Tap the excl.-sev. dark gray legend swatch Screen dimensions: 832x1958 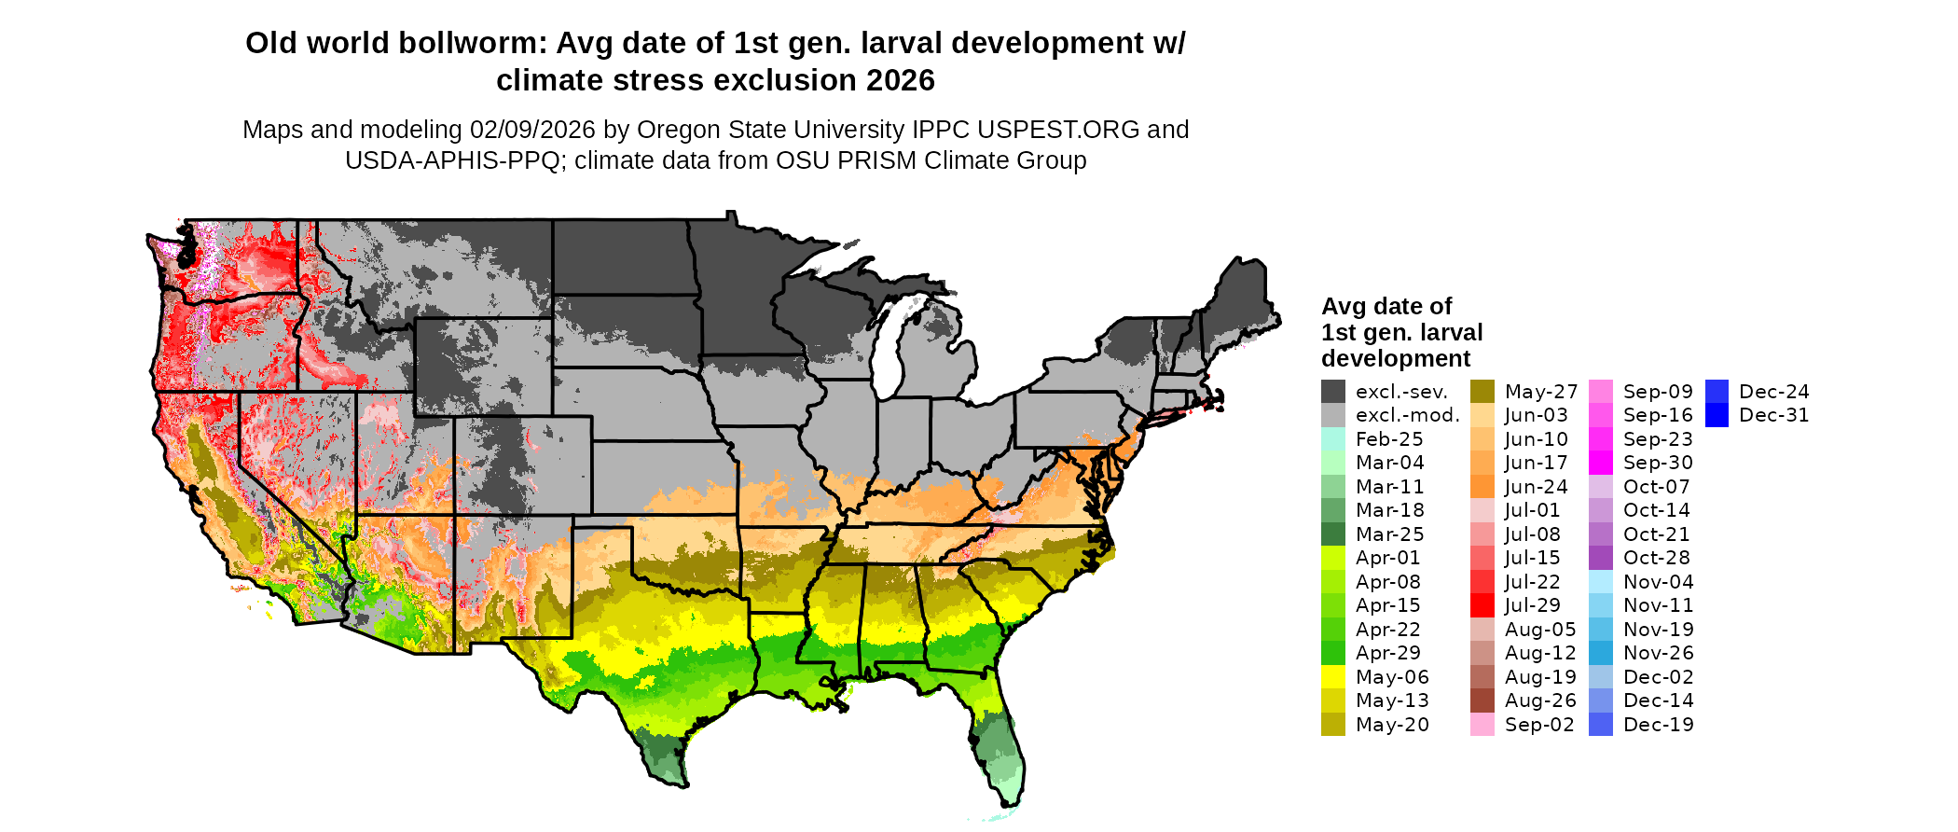coord(1333,392)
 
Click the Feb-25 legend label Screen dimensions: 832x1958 coord(1389,439)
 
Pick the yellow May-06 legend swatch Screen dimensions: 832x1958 coord(1333,677)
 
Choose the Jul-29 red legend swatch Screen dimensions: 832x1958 coord(1482,605)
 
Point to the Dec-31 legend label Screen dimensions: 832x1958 coord(1773,415)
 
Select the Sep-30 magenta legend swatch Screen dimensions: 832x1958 coord(1601,463)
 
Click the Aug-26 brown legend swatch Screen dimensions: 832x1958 coord(1482,700)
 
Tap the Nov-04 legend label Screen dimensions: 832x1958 coord(1658,582)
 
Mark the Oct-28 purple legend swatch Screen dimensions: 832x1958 coord(1601,558)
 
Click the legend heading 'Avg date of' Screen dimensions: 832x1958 coord(1386,307)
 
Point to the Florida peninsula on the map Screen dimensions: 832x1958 coord(1002,746)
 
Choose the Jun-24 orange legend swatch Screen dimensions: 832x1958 coord(1482,487)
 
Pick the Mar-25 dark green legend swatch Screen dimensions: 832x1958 coord(1333,534)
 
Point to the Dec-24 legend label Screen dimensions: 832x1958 coord(1773,392)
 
